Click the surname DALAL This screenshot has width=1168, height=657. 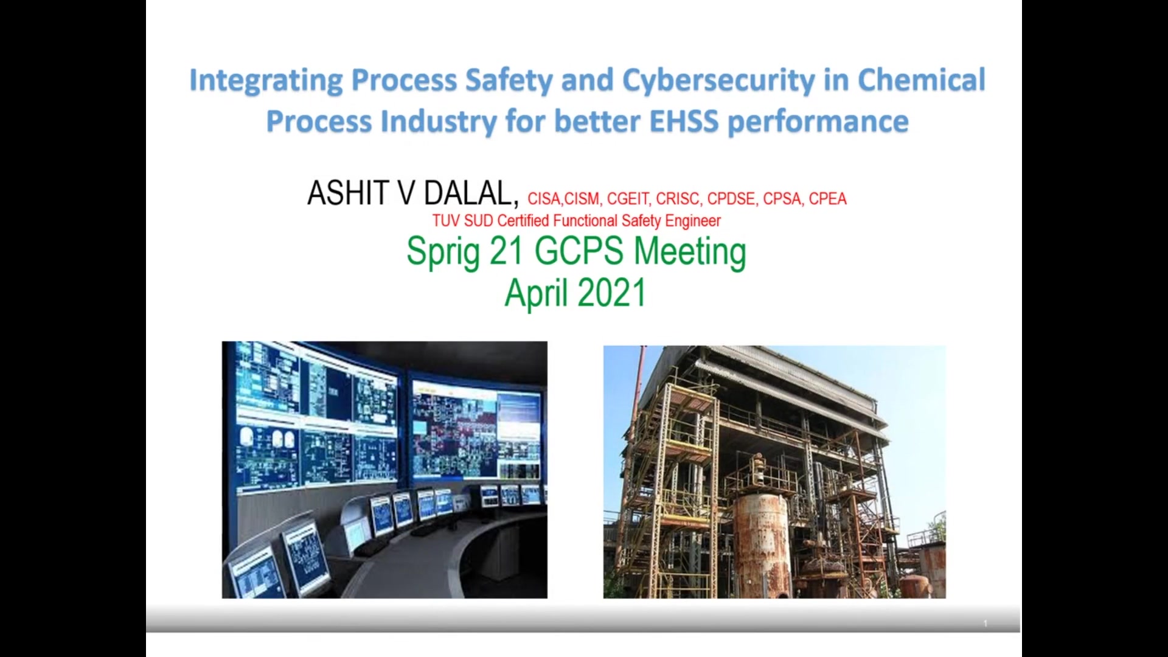(x=471, y=193)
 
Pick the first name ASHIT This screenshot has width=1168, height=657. (x=349, y=193)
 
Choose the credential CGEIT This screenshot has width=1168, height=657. (x=628, y=199)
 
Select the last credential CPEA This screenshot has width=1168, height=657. (x=827, y=199)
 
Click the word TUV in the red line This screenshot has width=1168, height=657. (x=446, y=220)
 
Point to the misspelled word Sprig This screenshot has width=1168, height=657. (x=443, y=252)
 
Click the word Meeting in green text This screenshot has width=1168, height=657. (x=690, y=252)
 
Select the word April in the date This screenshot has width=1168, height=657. (x=536, y=294)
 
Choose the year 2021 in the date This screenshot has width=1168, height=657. (x=611, y=293)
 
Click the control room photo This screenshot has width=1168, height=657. (x=384, y=470)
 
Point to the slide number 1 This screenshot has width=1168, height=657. (x=985, y=624)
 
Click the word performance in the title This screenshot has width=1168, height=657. (x=818, y=122)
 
